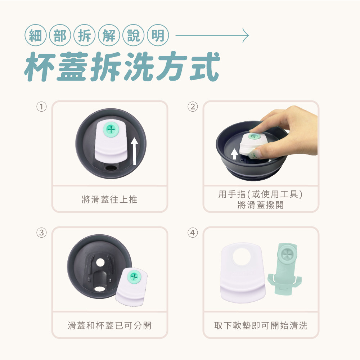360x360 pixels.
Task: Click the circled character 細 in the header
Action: [36, 35]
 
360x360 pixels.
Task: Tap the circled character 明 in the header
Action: [158, 35]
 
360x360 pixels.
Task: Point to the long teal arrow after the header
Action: [212, 35]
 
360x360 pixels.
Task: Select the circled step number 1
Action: [41, 107]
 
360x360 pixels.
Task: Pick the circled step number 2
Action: [193, 107]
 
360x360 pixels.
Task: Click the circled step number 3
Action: [41, 233]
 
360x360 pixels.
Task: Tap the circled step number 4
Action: [193, 233]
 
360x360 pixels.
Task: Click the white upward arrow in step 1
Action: [135, 151]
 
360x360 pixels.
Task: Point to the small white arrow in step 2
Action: [234, 154]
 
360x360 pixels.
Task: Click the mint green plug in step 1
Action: [111, 130]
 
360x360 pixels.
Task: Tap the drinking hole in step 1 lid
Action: [111, 168]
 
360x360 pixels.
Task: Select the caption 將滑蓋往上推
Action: [109, 199]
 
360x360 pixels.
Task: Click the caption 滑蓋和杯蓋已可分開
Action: [109, 325]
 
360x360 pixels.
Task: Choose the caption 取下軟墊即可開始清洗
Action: [261, 325]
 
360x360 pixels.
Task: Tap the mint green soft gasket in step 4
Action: [285, 269]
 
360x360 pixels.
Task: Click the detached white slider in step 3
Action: [131, 287]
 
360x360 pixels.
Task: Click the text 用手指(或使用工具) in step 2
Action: [261, 194]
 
